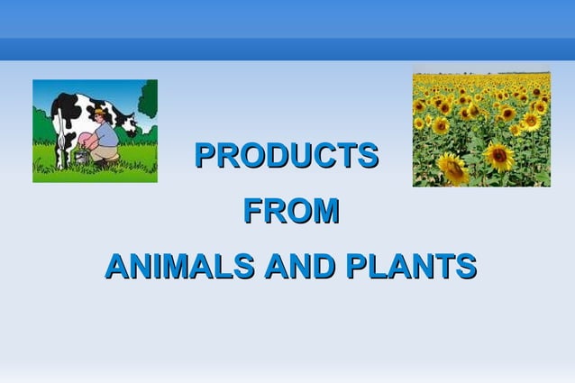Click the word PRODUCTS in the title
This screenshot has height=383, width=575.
(287, 156)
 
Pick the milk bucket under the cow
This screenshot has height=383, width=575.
(82, 157)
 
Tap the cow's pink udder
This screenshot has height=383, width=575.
(84, 140)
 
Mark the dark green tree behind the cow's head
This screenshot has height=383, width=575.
(147, 99)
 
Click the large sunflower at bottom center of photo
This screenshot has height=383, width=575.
(497, 156)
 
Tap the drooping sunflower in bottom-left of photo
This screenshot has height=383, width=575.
(452, 169)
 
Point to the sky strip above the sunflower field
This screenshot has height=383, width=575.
(481, 71)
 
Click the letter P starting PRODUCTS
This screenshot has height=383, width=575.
(205, 156)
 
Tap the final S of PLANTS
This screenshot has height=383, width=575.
(466, 267)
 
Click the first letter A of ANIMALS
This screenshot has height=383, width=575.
(115, 267)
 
